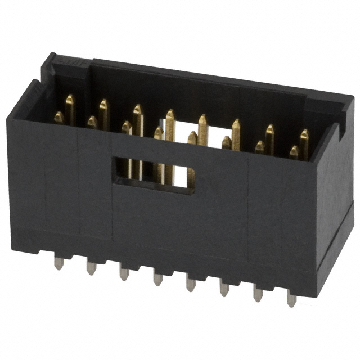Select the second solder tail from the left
91,267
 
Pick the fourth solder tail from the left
158,277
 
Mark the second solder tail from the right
258,293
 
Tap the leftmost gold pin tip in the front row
58,116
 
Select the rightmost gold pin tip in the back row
304,134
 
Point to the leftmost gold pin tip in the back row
70,100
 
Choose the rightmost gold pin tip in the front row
294,151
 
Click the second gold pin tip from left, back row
103,105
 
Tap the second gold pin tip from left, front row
92,121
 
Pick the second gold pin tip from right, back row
270,129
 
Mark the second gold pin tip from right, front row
260,146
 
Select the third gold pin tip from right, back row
236,124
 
